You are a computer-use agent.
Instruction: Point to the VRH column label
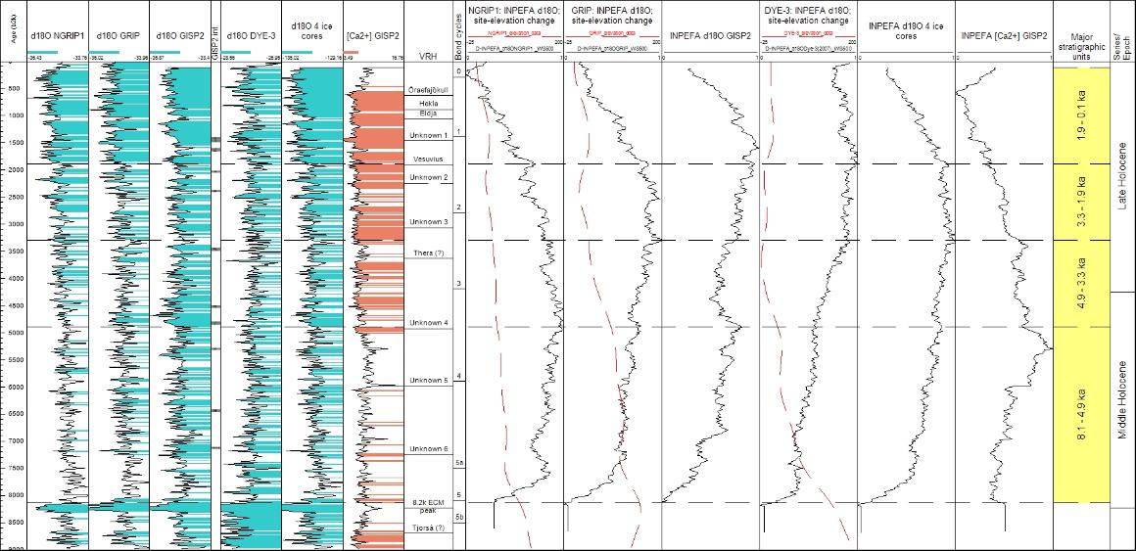[426, 56]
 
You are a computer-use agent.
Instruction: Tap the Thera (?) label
[428, 253]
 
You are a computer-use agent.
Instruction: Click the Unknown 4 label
[428, 323]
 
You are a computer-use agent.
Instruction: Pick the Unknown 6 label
[428, 448]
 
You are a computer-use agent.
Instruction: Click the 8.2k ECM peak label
[428, 506]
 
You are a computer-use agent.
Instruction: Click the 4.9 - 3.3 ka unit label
[1081, 284]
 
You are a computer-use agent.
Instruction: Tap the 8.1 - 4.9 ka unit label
[1081, 415]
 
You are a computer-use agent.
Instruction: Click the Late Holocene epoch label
[1122, 176]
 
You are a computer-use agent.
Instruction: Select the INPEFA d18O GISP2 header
[710, 36]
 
